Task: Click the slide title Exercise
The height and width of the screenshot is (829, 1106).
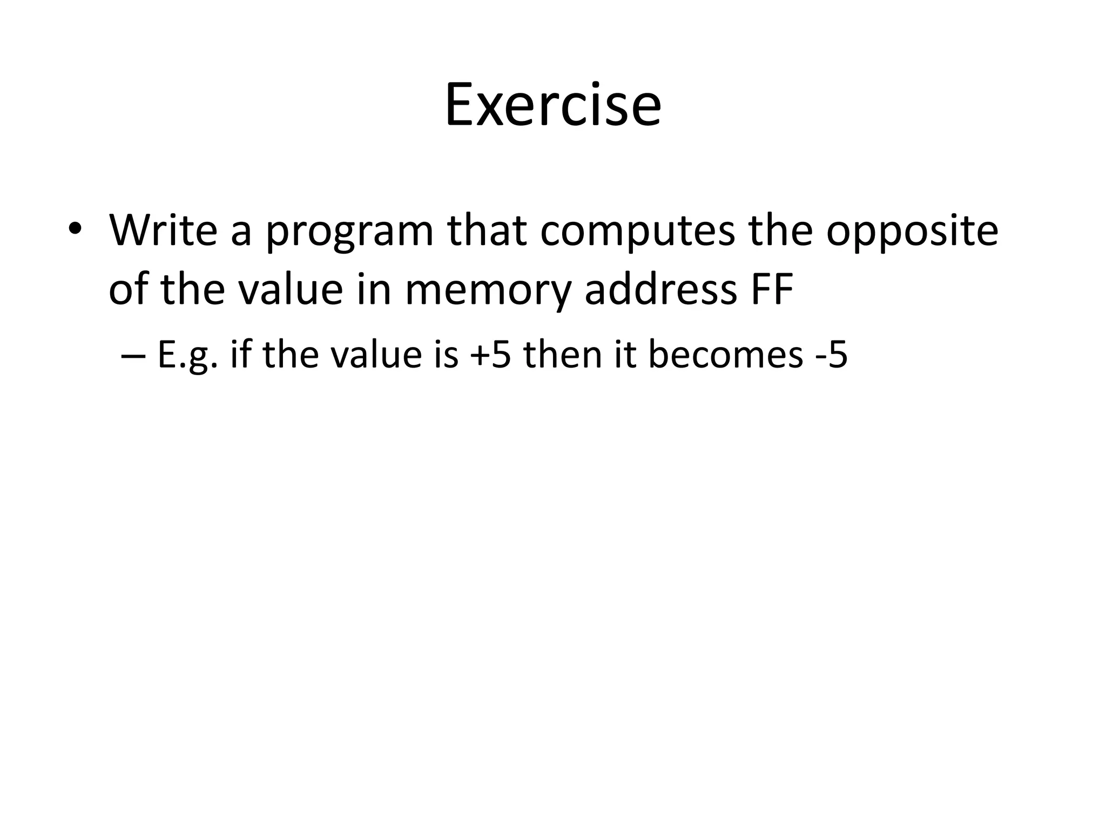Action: (552, 105)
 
